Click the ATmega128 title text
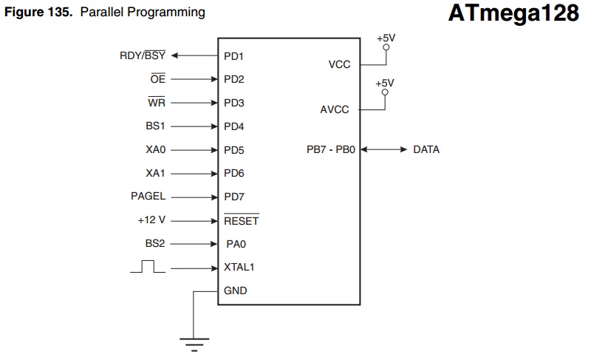pyautogui.click(x=513, y=13)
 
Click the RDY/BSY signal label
pyautogui.click(x=143, y=55)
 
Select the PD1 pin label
pyautogui.click(x=233, y=56)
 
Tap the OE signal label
pyautogui.click(x=158, y=78)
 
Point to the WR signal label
pyautogui.click(x=157, y=102)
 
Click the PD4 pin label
pyautogui.click(x=233, y=126)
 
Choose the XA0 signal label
pyautogui.click(x=156, y=149)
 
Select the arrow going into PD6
pyautogui.click(x=194, y=174)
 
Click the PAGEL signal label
pyautogui.click(x=148, y=196)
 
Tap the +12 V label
pyautogui.click(x=151, y=220)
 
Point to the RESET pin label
pyautogui.click(x=242, y=220)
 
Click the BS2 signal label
pyautogui.click(x=155, y=243)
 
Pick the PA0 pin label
pyautogui.click(x=236, y=244)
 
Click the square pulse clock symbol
pyautogui.click(x=148, y=266)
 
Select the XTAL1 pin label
pyautogui.click(x=239, y=267)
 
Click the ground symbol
pyautogui.click(x=194, y=344)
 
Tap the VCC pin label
pyautogui.click(x=339, y=64)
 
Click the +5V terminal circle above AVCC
pyautogui.click(x=385, y=92)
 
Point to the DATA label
pyautogui.click(x=426, y=149)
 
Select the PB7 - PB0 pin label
pyautogui.click(x=331, y=149)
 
